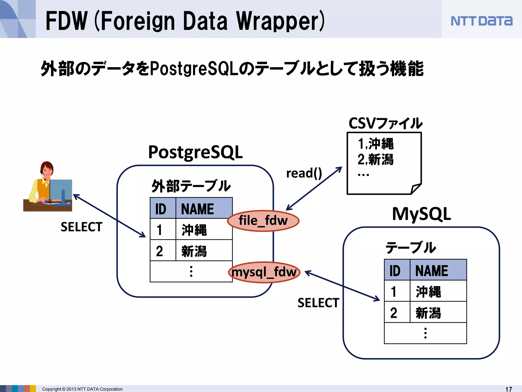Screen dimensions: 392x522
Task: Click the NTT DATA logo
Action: [x=481, y=21]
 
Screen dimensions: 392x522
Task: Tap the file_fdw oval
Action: [x=263, y=221]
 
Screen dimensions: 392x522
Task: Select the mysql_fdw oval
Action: [x=264, y=272]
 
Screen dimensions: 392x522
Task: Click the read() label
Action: [x=304, y=174]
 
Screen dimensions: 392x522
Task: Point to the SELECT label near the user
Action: [x=82, y=227]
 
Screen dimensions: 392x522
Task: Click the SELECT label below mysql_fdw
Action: [x=318, y=303]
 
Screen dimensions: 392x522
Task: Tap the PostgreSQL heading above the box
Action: [x=195, y=152]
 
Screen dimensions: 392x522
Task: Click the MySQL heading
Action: [x=421, y=214]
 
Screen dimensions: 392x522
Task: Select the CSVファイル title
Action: [x=385, y=124]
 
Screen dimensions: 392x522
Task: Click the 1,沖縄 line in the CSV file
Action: [x=376, y=144]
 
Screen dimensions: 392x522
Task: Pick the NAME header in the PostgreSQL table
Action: [x=198, y=209]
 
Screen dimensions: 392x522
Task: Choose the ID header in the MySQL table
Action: [x=395, y=271]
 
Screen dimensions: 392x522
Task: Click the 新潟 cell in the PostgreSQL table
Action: [x=194, y=251]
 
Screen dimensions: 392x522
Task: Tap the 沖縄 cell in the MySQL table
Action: [x=428, y=292]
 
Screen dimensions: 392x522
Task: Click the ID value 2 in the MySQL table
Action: [x=394, y=313]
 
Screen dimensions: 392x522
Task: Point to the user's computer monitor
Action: [x=61, y=190]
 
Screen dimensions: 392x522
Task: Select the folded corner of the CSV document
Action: [x=415, y=189]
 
